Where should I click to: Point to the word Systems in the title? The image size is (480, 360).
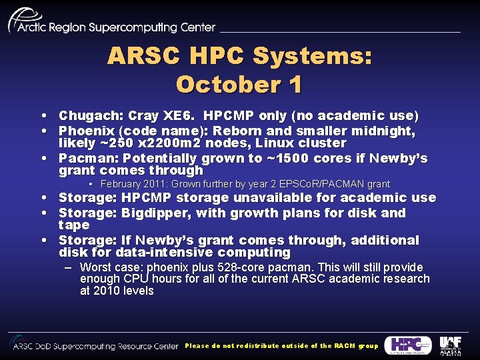click(312, 56)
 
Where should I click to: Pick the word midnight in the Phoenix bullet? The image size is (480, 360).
click(385, 131)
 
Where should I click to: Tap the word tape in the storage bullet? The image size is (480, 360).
click(73, 225)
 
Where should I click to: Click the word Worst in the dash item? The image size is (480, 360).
click(96, 267)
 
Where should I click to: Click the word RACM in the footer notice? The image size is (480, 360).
click(345, 346)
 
